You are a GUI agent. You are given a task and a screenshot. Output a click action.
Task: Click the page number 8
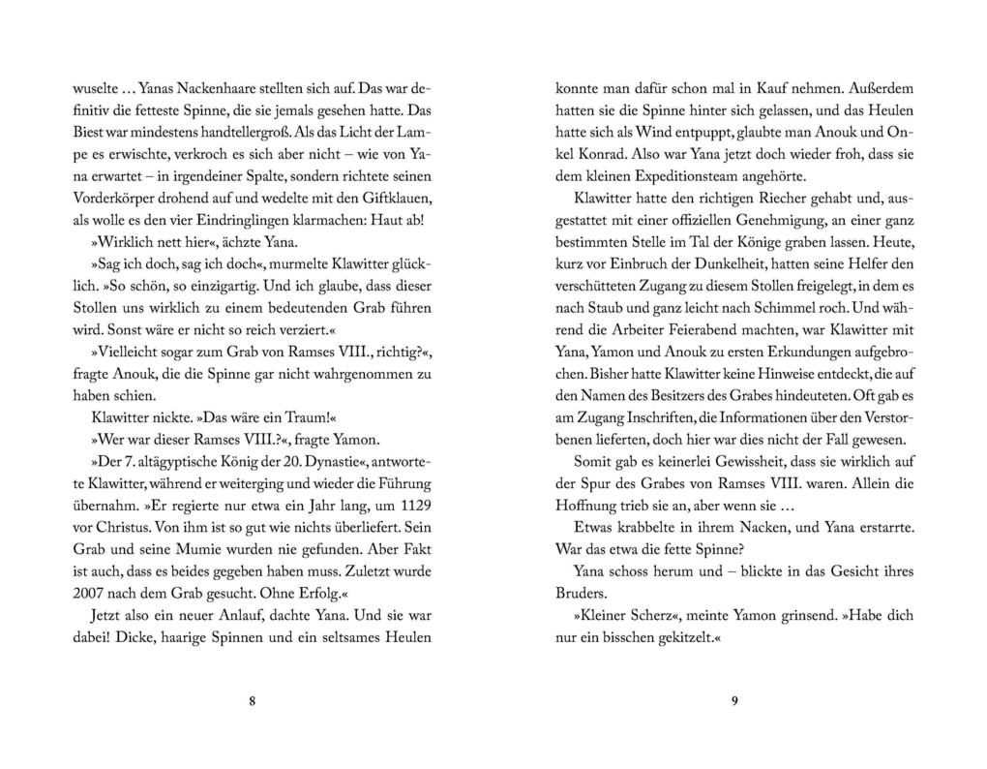tap(252, 702)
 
